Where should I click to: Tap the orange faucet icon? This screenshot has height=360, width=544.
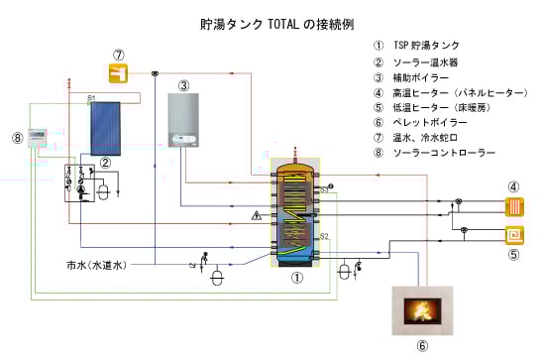click(119, 72)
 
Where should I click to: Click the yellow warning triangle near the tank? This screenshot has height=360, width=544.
click(256, 214)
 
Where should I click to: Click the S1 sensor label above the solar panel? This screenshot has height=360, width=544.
click(91, 97)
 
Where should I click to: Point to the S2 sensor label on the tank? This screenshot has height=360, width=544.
click(324, 236)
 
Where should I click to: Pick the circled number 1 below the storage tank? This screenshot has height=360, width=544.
click(294, 280)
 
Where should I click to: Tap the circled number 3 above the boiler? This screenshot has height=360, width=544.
click(184, 85)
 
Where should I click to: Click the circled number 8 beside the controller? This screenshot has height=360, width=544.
click(16, 138)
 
